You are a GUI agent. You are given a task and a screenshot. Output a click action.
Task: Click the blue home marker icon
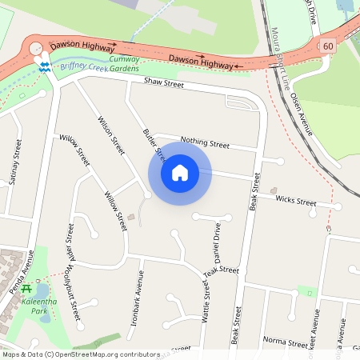coord(180,173)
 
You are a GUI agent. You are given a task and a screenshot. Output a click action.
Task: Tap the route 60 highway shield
coord(328,46)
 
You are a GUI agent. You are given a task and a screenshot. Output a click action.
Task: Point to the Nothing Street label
coord(205,142)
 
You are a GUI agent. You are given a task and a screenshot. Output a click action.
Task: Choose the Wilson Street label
coord(111,135)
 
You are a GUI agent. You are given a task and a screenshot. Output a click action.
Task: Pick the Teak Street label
coord(222,273)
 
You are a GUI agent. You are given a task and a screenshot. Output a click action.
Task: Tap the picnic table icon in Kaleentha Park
coord(27,289)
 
